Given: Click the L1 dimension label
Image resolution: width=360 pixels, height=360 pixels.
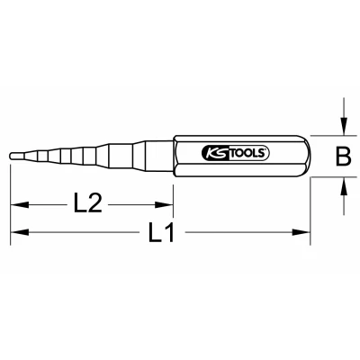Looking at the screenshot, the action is [161, 232].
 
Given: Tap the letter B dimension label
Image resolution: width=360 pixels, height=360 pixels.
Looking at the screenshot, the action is [343, 157].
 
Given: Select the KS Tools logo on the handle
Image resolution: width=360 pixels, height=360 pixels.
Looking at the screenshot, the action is [236, 153].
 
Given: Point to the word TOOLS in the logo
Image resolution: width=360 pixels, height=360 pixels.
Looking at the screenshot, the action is [248, 153].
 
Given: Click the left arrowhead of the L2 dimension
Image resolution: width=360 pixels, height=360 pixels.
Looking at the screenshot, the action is [20, 205].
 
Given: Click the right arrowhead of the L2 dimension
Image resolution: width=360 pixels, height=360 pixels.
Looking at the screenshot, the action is [164, 205].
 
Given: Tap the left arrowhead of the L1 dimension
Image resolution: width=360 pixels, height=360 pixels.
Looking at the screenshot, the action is [20, 232].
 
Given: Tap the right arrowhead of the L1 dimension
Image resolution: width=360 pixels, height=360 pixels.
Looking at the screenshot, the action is [301, 232].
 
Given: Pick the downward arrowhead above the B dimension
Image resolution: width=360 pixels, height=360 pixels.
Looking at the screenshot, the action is [344, 126].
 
